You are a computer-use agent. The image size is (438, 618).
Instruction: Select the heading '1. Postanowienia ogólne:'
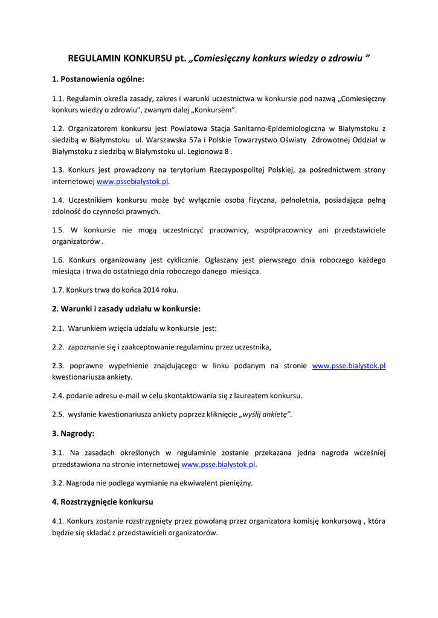[98, 79]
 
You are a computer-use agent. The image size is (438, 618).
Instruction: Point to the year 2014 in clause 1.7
[151, 290]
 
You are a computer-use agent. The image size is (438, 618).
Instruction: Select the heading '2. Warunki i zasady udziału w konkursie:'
[126, 309]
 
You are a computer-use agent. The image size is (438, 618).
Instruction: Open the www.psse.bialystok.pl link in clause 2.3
[349, 366]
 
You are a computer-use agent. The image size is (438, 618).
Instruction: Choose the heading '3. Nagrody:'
[73, 433]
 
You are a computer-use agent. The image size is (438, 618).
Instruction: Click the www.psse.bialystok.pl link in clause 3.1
[218, 464]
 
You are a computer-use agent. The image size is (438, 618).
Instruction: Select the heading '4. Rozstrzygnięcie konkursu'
[102, 502]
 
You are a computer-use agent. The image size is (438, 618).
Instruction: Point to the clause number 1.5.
[58, 230]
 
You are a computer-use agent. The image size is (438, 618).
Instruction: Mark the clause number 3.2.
[58, 483]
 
